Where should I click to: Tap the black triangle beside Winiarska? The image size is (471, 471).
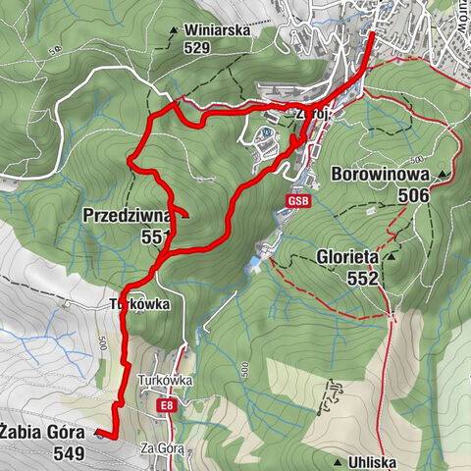click(x=174, y=30)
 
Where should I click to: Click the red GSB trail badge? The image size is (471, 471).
click(x=298, y=202)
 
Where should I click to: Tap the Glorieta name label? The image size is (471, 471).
click(x=348, y=258)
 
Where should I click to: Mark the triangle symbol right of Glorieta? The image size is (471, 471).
click(x=392, y=258)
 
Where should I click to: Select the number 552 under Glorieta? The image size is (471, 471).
click(x=363, y=278)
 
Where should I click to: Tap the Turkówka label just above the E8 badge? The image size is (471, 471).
click(x=166, y=380)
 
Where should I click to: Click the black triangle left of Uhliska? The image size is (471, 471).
click(x=338, y=461)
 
